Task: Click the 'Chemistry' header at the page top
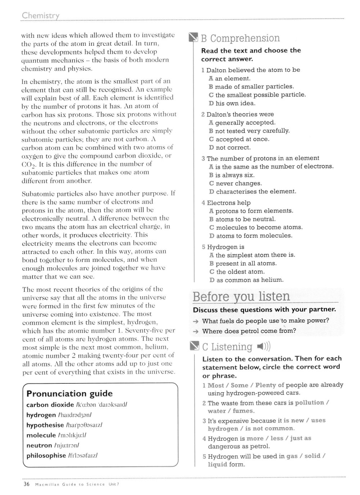click(x=40, y=15)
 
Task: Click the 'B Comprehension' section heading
click(x=240, y=38)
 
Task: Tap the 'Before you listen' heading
click(x=241, y=296)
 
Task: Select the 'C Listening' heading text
click(x=227, y=347)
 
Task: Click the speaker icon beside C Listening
click(x=264, y=347)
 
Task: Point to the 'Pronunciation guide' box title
click(x=69, y=393)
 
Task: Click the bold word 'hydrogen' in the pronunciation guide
click(x=41, y=415)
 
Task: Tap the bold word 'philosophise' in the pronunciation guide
click(x=46, y=455)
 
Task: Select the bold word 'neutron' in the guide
click(x=39, y=445)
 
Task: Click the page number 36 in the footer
click(x=26, y=484)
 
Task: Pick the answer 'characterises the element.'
click(x=256, y=192)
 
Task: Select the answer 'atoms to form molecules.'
click(x=254, y=236)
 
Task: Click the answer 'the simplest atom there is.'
click(x=255, y=255)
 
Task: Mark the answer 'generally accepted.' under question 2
click(x=245, y=122)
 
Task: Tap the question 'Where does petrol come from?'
click(x=249, y=331)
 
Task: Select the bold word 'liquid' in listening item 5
click(x=217, y=464)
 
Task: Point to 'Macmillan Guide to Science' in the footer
click(x=70, y=485)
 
